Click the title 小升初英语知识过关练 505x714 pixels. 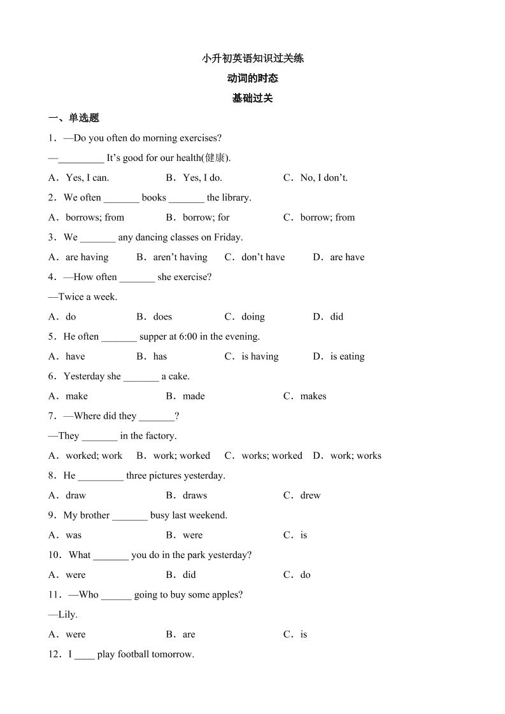[x=253, y=59]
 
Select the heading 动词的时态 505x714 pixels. [x=253, y=78]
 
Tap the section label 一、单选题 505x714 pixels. [x=74, y=118]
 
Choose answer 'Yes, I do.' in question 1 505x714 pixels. [x=202, y=178]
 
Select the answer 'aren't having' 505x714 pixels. [x=180, y=257]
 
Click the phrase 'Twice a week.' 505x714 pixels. [x=88, y=297]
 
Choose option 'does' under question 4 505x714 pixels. [x=162, y=316]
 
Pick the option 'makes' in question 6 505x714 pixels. [x=313, y=396]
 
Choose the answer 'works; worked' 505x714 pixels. [x=272, y=456]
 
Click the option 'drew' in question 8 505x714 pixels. [x=310, y=495]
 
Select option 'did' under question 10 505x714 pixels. [x=189, y=575]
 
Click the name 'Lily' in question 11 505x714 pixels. [x=66, y=614]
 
